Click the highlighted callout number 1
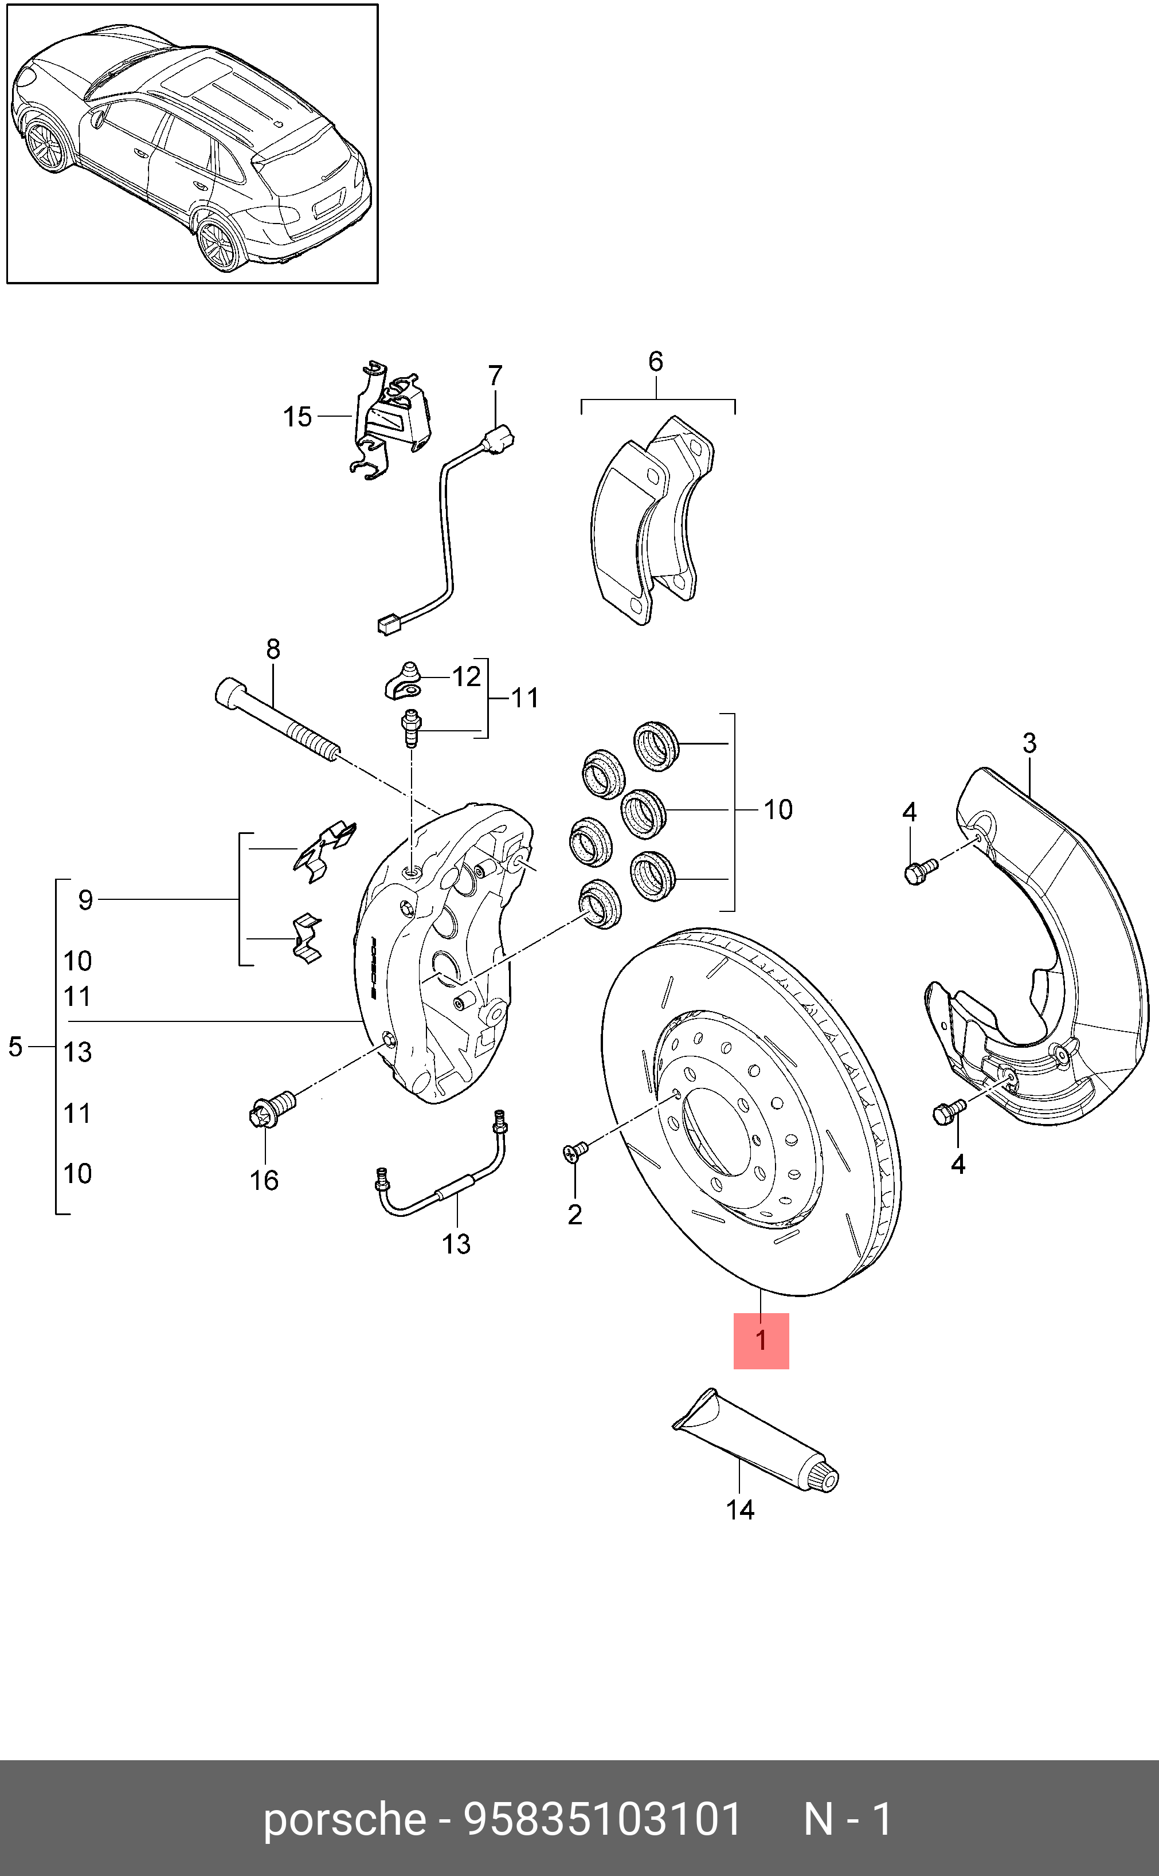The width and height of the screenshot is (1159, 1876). [761, 1340]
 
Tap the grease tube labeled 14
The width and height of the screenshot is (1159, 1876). [755, 1441]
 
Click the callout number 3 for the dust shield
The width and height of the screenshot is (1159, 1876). [1029, 743]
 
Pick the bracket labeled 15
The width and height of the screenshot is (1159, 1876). [391, 421]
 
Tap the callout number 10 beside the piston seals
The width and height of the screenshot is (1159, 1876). [777, 810]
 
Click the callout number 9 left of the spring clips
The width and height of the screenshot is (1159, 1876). [85, 900]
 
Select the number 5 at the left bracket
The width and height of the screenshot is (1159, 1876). [15, 1047]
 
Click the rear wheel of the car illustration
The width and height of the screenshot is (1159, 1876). [218, 245]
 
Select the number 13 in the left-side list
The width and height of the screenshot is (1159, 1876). [77, 1052]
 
